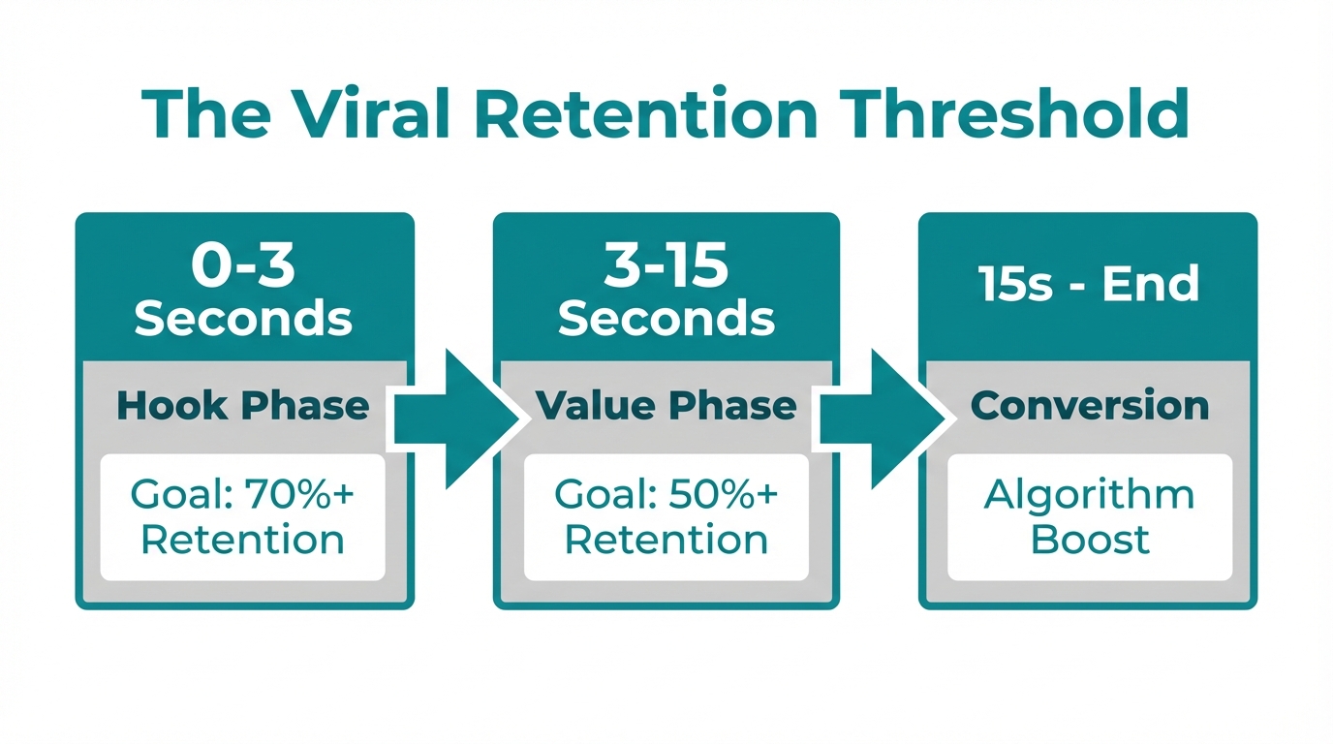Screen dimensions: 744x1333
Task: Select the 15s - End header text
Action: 1089,285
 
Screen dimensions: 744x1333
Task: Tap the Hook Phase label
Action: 243,406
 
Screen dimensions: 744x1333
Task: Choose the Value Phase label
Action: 666,406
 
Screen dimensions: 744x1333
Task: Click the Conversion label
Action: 1090,406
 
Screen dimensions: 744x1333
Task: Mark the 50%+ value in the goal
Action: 723,496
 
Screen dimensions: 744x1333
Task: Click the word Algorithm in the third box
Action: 1090,496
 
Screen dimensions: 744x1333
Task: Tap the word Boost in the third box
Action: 1090,540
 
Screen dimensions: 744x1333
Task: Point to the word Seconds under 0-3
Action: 243,319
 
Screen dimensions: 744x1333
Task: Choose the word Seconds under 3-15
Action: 666,319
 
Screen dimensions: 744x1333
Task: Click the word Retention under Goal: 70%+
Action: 243,540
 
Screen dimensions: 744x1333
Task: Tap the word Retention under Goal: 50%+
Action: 666,540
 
